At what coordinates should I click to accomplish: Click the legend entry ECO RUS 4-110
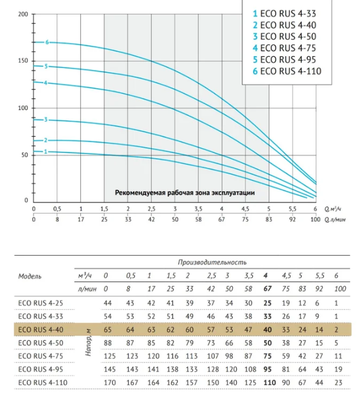click(x=287, y=71)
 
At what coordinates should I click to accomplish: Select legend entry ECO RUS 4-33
click(x=285, y=14)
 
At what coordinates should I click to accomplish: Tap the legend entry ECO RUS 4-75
click(x=285, y=48)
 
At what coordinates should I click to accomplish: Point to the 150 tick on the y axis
click(x=23, y=61)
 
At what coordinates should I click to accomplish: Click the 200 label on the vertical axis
click(x=23, y=14)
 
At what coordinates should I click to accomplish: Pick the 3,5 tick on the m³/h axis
click(x=199, y=209)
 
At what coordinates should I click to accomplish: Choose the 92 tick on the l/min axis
click(x=292, y=219)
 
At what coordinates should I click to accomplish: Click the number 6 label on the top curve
click(x=47, y=42)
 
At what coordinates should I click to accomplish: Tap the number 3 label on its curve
click(x=46, y=119)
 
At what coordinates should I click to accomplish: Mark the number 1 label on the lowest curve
click(x=46, y=152)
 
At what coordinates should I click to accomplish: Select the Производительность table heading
click(x=212, y=262)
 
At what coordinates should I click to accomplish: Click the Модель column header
click(x=29, y=276)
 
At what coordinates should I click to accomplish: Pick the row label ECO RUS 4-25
click(x=41, y=303)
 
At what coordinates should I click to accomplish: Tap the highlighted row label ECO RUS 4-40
click(x=41, y=330)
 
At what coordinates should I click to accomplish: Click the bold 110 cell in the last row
click(x=270, y=383)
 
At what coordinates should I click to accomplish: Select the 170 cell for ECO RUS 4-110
click(x=109, y=383)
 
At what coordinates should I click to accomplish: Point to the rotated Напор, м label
click(x=89, y=342)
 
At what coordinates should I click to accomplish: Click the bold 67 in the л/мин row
click(x=267, y=288)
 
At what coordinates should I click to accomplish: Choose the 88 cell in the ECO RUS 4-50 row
click(x=108, y=343)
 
